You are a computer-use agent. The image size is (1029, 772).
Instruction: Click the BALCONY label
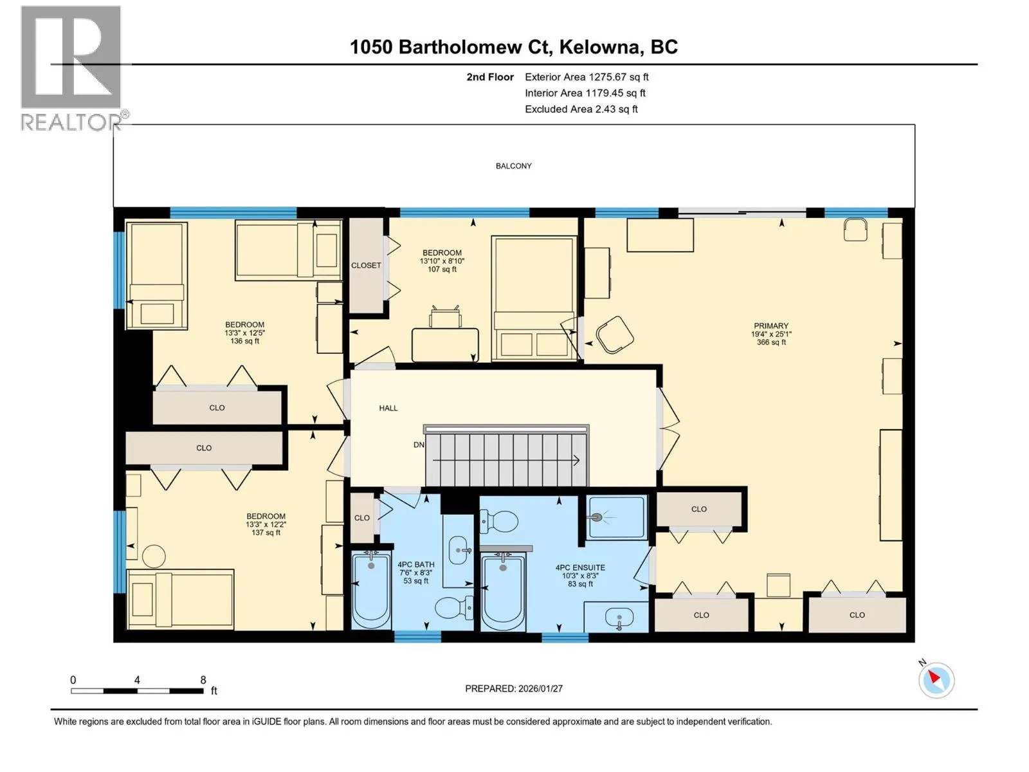[x=513, y=166]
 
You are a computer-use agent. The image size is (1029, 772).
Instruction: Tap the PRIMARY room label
[x=770, y=326]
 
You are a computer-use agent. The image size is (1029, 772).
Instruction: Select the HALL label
[x=388, y=409]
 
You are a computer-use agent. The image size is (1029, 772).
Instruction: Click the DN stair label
[x=419, y=445]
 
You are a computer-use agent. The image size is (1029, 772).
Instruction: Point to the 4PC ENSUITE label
[x=580, y=567]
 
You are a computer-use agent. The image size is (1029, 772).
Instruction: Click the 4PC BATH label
[x=416, y=564]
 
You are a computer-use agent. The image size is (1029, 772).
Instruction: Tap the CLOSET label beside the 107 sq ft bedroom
[x=366, y=265]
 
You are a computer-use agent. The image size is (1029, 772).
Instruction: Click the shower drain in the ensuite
[x=597, y=517]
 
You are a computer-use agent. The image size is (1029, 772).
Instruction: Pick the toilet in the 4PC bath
[x=454, y=608]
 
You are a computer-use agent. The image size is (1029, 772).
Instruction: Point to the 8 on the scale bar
[x=203, y=680]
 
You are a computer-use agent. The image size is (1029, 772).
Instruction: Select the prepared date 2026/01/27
[x=540, y=688]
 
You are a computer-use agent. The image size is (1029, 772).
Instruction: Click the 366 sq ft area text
[x=770, y=342]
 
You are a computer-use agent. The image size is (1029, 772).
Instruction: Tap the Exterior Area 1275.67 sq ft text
[x=587, y=77]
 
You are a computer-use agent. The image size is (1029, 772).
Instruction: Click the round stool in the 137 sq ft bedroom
[x=154, y=556]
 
